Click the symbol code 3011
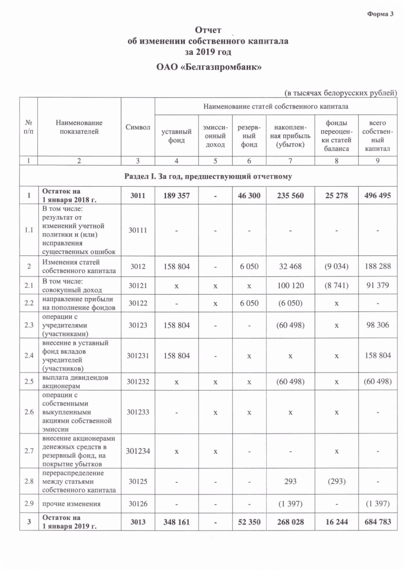[138, 195]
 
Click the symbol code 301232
[138, 381]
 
